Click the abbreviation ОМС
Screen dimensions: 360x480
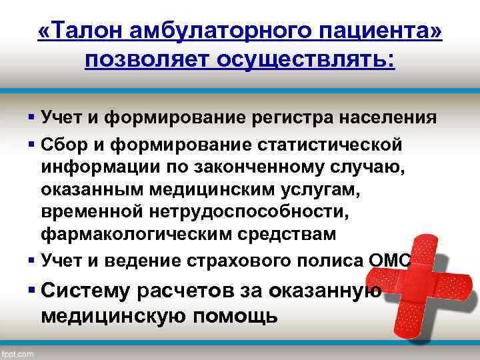pyautogui.click(x=389, y=260)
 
